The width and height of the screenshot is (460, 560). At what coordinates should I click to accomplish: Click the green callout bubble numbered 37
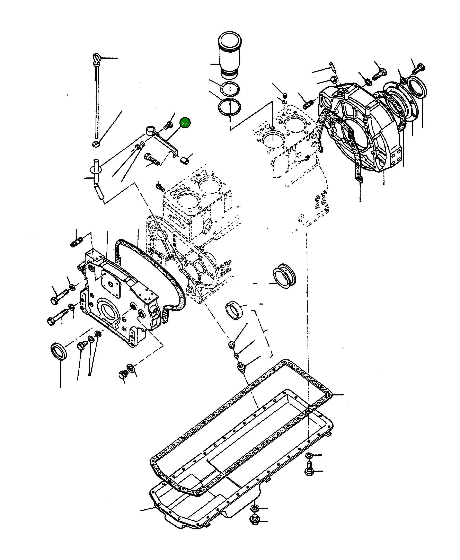point(185,123)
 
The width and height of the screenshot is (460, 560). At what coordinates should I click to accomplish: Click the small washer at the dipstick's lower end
point(96,144)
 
